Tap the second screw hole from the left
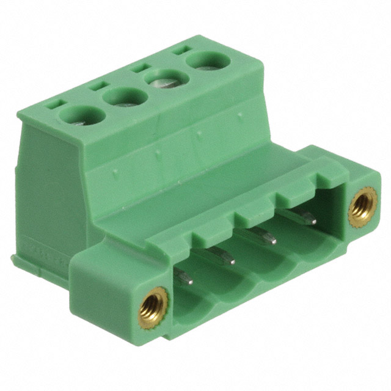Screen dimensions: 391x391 125,97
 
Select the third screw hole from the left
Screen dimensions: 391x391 167,78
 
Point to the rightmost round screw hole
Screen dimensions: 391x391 208,60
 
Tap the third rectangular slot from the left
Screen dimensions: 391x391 141,67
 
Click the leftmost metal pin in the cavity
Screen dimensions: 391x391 185,278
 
